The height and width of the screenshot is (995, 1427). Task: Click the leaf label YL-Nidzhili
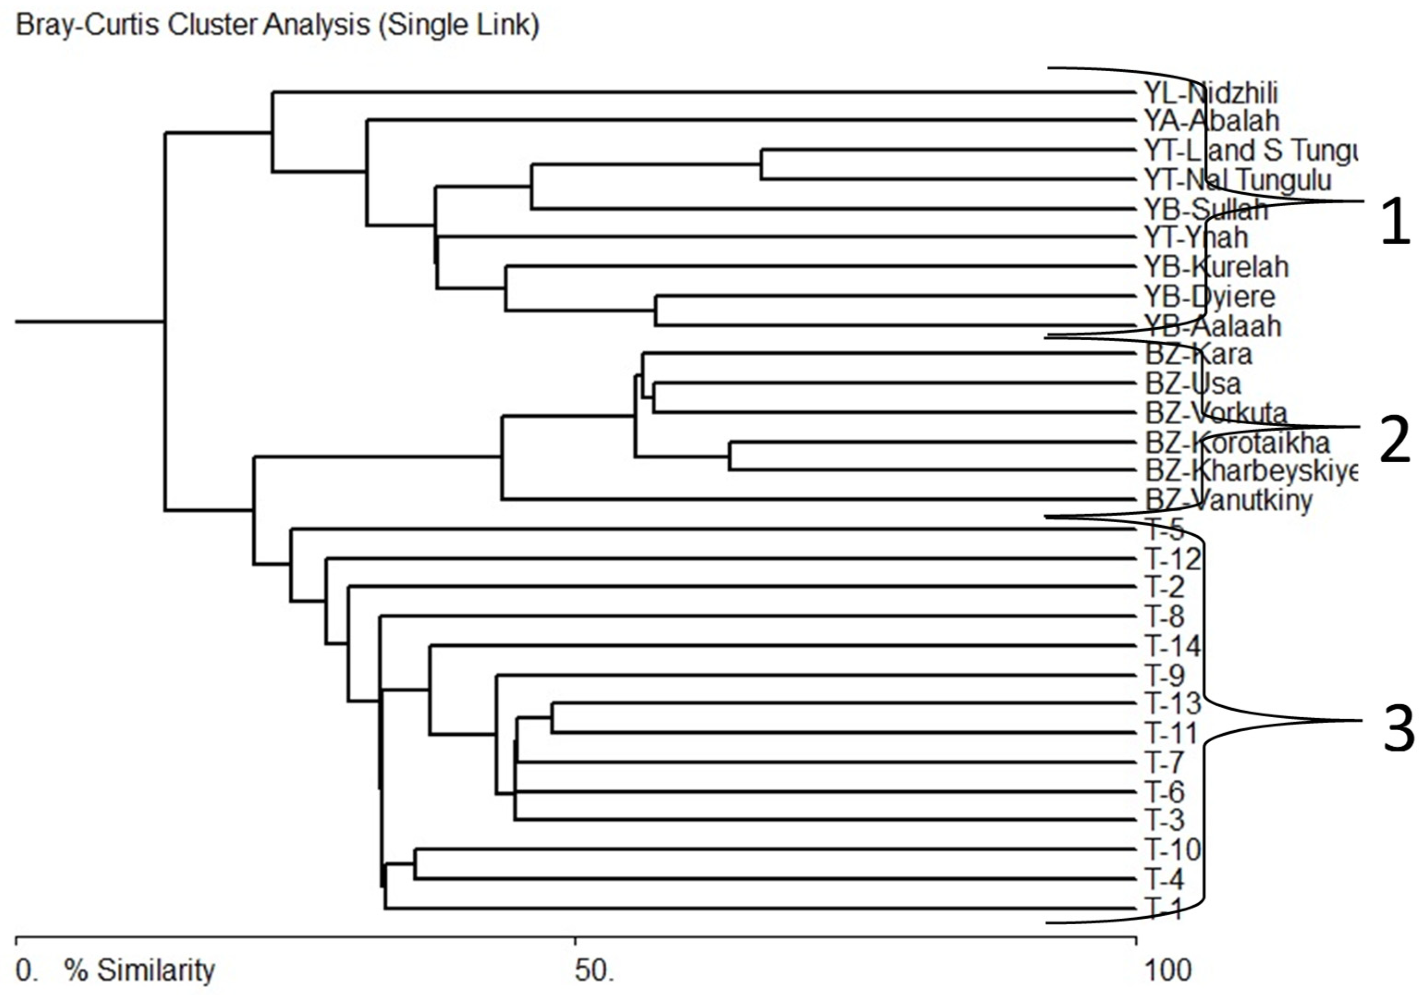click(1211, 93)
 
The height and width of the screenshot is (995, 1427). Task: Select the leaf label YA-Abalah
click(1211, 121)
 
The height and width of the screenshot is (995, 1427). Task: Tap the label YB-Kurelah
click(1216, 267)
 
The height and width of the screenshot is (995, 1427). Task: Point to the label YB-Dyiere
click(1209, 296)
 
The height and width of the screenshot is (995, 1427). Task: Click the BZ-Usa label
click(1193, 384)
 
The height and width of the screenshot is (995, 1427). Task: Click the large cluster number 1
click(1395, 220)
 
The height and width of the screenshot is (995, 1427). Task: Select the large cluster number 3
click(1398, 730)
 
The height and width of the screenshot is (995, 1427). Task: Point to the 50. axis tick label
click(593, 970)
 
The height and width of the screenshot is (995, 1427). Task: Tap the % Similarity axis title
click(139, 970)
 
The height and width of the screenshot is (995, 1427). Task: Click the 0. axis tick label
click(26, 970)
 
